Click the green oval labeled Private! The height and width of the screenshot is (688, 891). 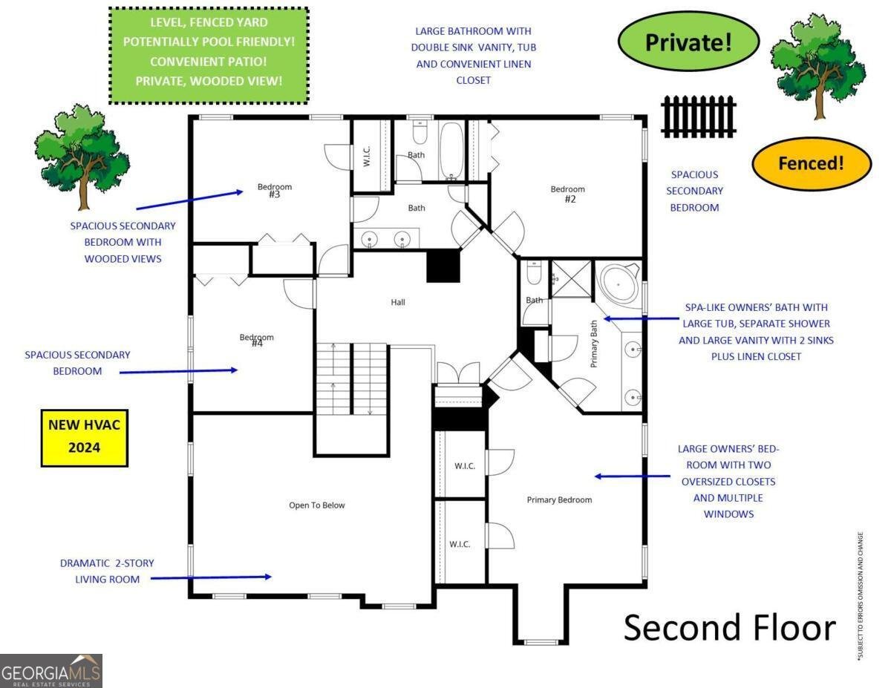coord(688,42)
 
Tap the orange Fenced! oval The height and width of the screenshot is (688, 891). coord(811,163)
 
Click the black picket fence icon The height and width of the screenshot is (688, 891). coord(698,117)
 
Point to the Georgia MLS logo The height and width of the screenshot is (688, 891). coord(51,671)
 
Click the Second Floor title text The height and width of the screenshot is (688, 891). coord(729,627)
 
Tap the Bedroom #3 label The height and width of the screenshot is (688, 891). coord(274,190)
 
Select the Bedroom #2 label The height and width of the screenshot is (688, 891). coord(567,194)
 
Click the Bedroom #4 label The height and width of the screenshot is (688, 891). coord(256,341)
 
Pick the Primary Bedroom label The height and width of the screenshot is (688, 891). coord(559,499)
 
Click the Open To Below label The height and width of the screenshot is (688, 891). coord(316,505)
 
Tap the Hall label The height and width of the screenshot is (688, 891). coord(398,302)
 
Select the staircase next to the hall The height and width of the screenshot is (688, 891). coord(352,379)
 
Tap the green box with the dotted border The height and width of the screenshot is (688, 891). coord(209,56)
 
